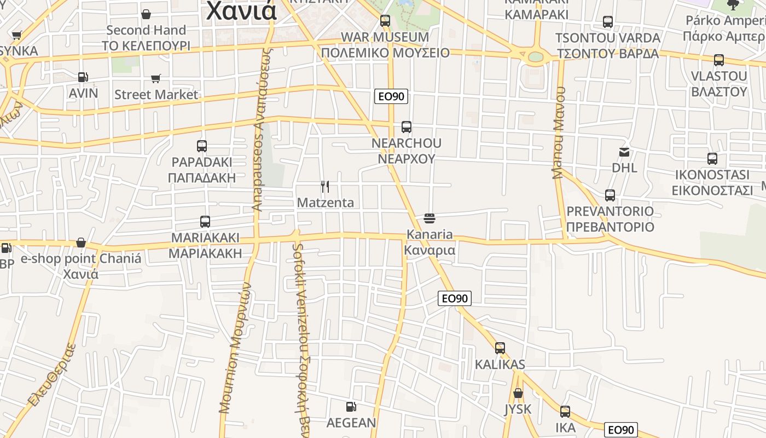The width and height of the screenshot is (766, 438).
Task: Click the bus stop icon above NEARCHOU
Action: click(406, 127)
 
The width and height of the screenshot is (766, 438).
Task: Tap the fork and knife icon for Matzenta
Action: click(324, 187)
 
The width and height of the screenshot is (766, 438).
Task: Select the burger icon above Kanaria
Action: click(430, 218)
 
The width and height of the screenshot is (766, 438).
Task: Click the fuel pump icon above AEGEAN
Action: click(351, 407)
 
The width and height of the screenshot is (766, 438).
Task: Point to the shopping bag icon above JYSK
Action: click(518, 393)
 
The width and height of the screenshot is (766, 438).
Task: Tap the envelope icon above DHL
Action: click(624, 152)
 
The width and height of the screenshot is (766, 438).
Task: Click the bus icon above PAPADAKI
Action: click(202, 146)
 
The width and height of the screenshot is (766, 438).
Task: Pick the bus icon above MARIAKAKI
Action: click(205, 222)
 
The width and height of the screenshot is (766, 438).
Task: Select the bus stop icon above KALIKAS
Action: click(500, 348)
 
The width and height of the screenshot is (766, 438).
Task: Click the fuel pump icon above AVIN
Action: click(83, 78)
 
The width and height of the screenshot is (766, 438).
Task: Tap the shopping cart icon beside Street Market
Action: click(156, 79)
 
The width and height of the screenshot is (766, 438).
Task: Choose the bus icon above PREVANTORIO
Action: click(610, 195)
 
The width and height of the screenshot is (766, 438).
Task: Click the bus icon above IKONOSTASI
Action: click(712, 159)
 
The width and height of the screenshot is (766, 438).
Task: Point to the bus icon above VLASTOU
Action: click(719, 60)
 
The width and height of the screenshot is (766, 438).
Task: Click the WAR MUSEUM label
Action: click(385, 37)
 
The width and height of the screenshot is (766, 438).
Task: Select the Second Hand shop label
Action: click(146, 30)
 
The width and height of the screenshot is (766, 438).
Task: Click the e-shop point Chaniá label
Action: click(81, 258)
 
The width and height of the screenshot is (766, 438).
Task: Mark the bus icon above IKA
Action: click(565, 412)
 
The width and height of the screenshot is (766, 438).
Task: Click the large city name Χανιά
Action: click(241, 11)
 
